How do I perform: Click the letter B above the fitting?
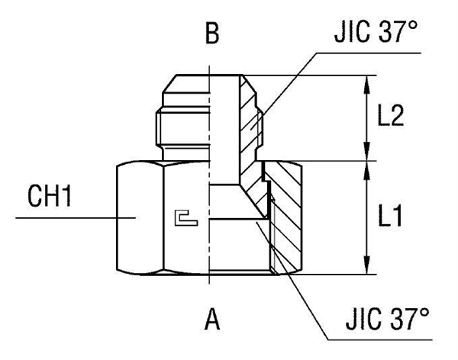pos(211,35)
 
